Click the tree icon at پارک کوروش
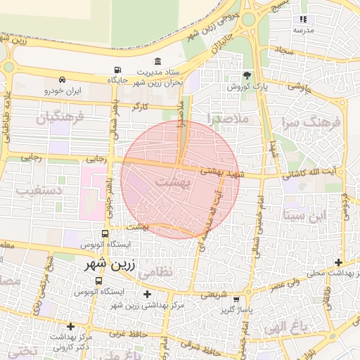point(246,75)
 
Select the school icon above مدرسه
point(303,20)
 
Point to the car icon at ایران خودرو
point(63,79)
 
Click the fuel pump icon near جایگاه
point(116,70)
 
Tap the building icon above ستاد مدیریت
point(157,61)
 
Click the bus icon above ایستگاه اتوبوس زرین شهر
point(104,233)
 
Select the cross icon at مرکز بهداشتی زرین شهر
point(146,294)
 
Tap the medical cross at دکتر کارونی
point(70,326)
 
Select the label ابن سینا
point(305,215)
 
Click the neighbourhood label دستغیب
point(39,191)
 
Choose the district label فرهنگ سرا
point(313,124)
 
